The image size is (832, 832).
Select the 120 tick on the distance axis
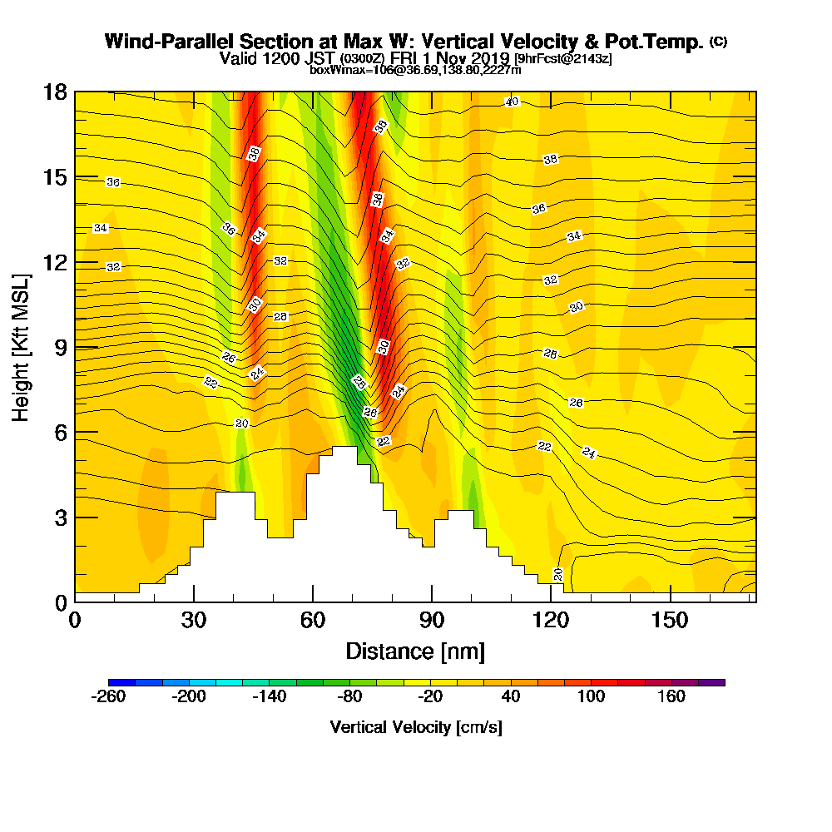click(x=551, y=621)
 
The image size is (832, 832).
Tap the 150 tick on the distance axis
click(x=670, y=621)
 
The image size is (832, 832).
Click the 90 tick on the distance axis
click(x=432, y=621)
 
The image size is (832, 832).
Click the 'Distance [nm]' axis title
click(x=415, y=651)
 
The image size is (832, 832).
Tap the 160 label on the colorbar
click(x=671, y=696)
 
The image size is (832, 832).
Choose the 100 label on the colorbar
click(x=592, y=696)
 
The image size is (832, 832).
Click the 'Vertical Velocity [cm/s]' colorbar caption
click(x=416, y=727)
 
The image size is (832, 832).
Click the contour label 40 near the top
click(x=512, y=102)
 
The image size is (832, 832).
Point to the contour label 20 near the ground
click(x=558, y=574)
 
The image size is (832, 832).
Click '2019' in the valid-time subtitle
click(x=490, y=58)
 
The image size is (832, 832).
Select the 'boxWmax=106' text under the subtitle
click(x=349, y=70)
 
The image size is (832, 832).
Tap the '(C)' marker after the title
click(x=718, y=42)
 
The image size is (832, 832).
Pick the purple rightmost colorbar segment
click(x=718, y=682)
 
